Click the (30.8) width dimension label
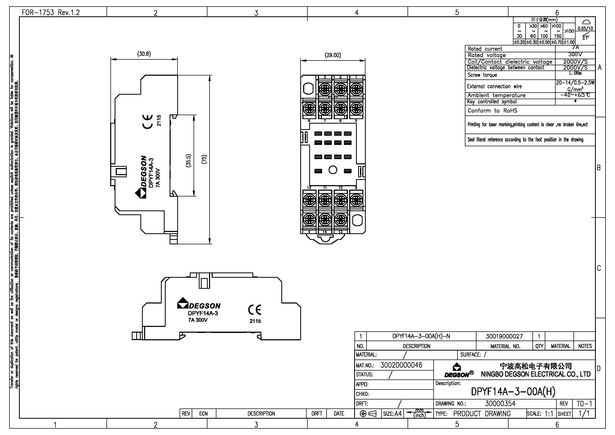pos(144,54)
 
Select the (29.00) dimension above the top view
pos(333,55)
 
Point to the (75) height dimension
pos(204,159)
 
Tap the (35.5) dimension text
pos(188,160)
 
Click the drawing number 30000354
pos(500,403)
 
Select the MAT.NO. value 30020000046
pos(401,365)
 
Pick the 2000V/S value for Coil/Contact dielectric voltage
pos(575,62)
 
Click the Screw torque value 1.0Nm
pos(575,73)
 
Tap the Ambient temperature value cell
pos(575,95)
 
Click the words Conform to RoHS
pos(492,111)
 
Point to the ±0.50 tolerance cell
pos(544,42)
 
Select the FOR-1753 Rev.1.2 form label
pos(51,12)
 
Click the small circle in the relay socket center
pos(333,170)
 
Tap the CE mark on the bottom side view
pos(255,310)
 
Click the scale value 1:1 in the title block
pos(549,414)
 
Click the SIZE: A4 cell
pos(392,414)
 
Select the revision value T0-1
pos(584,403)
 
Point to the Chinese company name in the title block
pos(536,366)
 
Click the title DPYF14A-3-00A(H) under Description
pos(513,392)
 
